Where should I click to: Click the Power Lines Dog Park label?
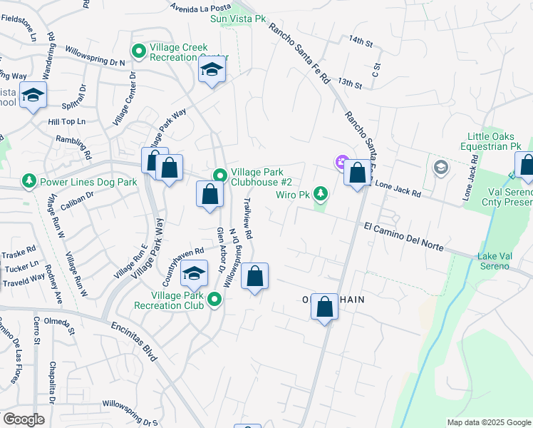point(88,182)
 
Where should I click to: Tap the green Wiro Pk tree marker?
point(321,193)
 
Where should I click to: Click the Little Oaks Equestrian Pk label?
point(494,141)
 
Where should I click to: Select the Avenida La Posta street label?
point(203,8)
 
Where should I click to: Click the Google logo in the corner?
point(24,419)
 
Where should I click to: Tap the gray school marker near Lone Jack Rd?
point(440,168)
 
